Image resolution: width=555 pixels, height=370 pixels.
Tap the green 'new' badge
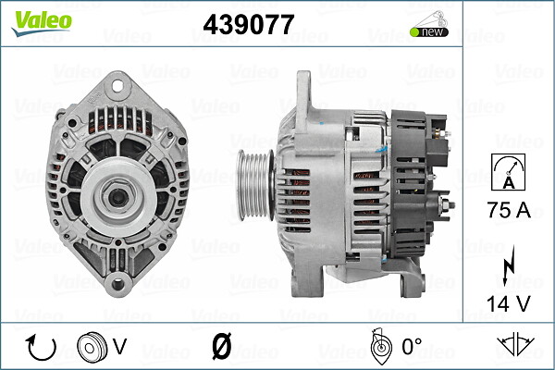tap(428, 32)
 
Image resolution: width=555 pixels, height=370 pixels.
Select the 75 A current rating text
tap(508, 209)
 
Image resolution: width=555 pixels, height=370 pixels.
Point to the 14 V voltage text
tap(508, 301)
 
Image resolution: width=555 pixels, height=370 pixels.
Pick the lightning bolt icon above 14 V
tap(508, 263)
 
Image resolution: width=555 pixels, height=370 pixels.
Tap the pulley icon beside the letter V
tap(92, 347)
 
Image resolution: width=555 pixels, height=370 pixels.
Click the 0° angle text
tap(411, 347)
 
